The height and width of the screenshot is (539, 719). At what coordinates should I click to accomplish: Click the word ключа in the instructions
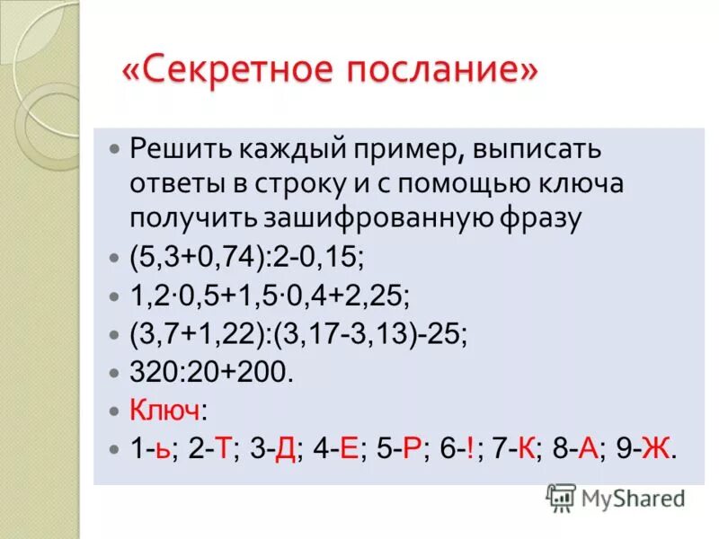582,183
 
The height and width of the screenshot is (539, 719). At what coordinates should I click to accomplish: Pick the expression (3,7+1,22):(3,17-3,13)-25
298,333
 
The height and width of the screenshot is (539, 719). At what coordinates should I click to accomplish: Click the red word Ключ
165,410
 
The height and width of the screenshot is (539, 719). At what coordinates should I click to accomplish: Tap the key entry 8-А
578,448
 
